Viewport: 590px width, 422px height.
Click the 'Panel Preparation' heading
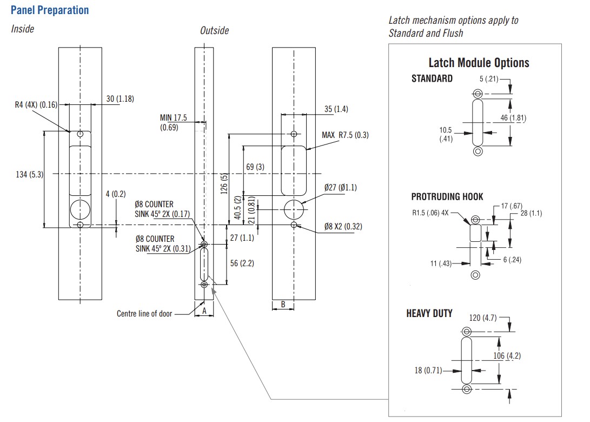click(50, 10)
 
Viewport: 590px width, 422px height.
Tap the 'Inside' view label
click(23, 29)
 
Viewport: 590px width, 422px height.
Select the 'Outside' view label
click(215, 30)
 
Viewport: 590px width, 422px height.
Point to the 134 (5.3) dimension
click(29, 174)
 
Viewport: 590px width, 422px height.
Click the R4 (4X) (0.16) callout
click(36, 104)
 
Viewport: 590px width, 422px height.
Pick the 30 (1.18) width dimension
click(120, 98)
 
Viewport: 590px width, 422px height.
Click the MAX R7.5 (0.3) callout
click(345, 135)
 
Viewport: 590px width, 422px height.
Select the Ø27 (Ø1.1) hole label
click(341, 187)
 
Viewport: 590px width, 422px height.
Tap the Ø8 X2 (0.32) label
click(343, 226)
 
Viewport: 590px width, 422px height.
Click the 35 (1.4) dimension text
click(336, 109)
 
